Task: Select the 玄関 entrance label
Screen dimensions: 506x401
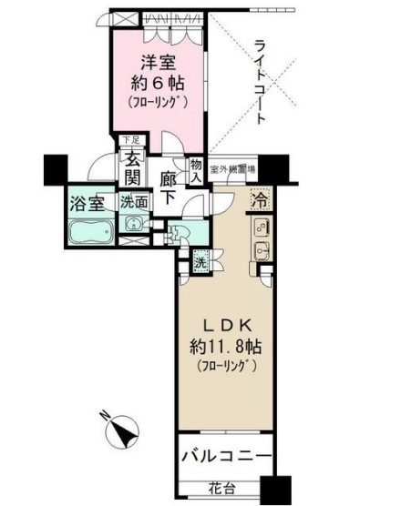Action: click(133, 167)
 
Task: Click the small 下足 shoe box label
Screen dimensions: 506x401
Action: click(131, 140)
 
